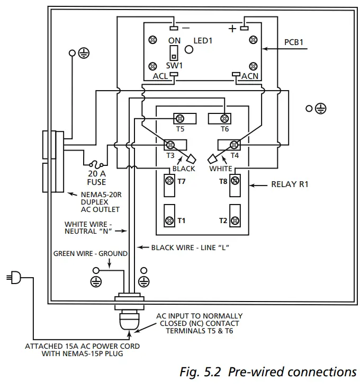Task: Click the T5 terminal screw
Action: (x=180, y=118)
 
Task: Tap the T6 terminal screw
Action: (x=225, y=118)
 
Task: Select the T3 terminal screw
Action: (x=171, y=144)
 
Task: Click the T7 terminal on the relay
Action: (x=169, y=181)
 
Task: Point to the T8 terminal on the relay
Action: (x=235, y=181)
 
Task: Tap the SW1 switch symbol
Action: (x=173, y=52)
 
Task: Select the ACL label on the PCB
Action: (x=160, y=76)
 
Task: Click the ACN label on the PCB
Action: (x=250, y=76)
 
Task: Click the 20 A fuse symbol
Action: (x=96, y=164)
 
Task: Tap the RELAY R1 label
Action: (x=290, y=185)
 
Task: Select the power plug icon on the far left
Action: (x=14, y=277)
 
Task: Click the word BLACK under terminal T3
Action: (x=184, y=169)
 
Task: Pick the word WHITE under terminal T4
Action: (x=220, y=169)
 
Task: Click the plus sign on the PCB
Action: (x=232, y=29)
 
